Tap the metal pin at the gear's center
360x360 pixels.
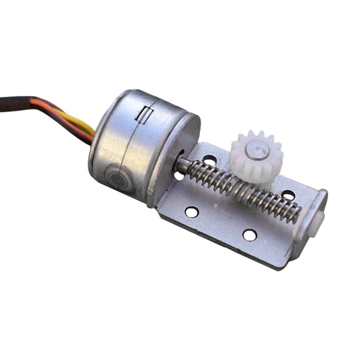coord(256,149)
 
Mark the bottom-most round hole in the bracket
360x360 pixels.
coord(249,235)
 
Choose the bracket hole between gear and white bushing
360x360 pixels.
coord(288,195)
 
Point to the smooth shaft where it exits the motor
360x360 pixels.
coord(181,164)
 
